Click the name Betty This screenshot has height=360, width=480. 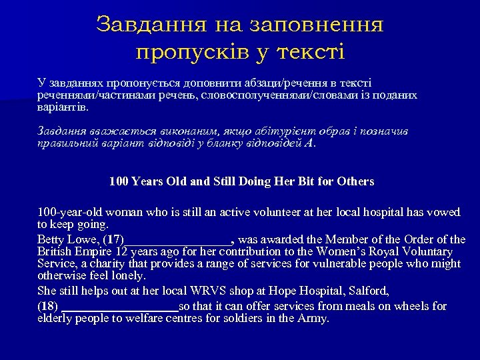point(51,239)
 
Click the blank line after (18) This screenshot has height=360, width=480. point(120,307)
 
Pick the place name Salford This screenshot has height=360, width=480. point(366,291)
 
